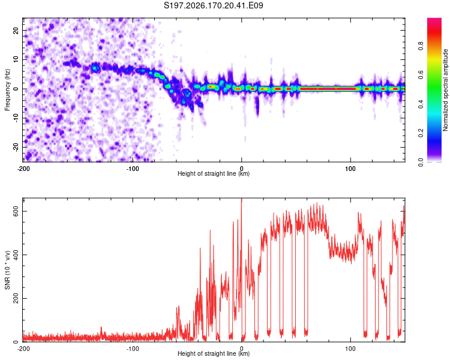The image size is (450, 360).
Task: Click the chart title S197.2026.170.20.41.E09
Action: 213,5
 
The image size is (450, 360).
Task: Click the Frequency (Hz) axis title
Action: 7,89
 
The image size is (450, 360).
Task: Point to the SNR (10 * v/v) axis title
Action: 7,270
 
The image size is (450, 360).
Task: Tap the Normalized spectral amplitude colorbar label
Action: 445,89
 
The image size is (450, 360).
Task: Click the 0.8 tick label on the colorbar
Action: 421,46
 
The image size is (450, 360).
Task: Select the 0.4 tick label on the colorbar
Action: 421,104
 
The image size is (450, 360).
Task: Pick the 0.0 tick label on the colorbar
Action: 421,162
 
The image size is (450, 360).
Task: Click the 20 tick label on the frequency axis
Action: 16,31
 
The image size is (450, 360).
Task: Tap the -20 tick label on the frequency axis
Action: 16,147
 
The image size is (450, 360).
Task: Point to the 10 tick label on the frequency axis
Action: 16,59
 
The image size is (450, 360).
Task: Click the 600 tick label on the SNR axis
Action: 16,211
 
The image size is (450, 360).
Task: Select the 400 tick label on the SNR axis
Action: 16,255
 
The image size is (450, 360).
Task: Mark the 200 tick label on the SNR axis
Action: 16,299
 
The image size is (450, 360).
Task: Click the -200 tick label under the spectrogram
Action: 23,169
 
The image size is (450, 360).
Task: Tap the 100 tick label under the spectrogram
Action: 350,169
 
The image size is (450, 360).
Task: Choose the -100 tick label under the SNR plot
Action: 133,349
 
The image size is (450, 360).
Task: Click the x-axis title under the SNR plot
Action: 214,353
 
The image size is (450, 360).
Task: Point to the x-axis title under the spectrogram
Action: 214,173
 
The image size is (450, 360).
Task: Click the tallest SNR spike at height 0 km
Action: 241,199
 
